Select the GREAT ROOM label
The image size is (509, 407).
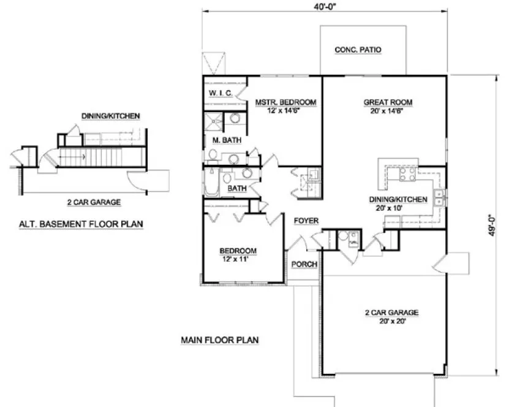pyautogui.click(x=388, y=102)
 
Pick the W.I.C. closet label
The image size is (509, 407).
pyautogui.click(x=219, y=93)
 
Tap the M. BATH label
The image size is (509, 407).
pyautogui.click(x=222, y=140)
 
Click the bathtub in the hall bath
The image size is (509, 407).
pyautogui.click(x=211, y=182)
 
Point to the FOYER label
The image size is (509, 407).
pyautogui.click(x=305, y=219)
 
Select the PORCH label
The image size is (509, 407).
pyautogui.click(x=304, y=264)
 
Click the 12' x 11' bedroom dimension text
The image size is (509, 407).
pyautogui.click(x=238, y=259)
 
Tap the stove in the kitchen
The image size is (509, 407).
pyautogui.click(x=407, y=175)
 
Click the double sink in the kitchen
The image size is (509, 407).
pyautogui.click(x=439, y=197)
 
